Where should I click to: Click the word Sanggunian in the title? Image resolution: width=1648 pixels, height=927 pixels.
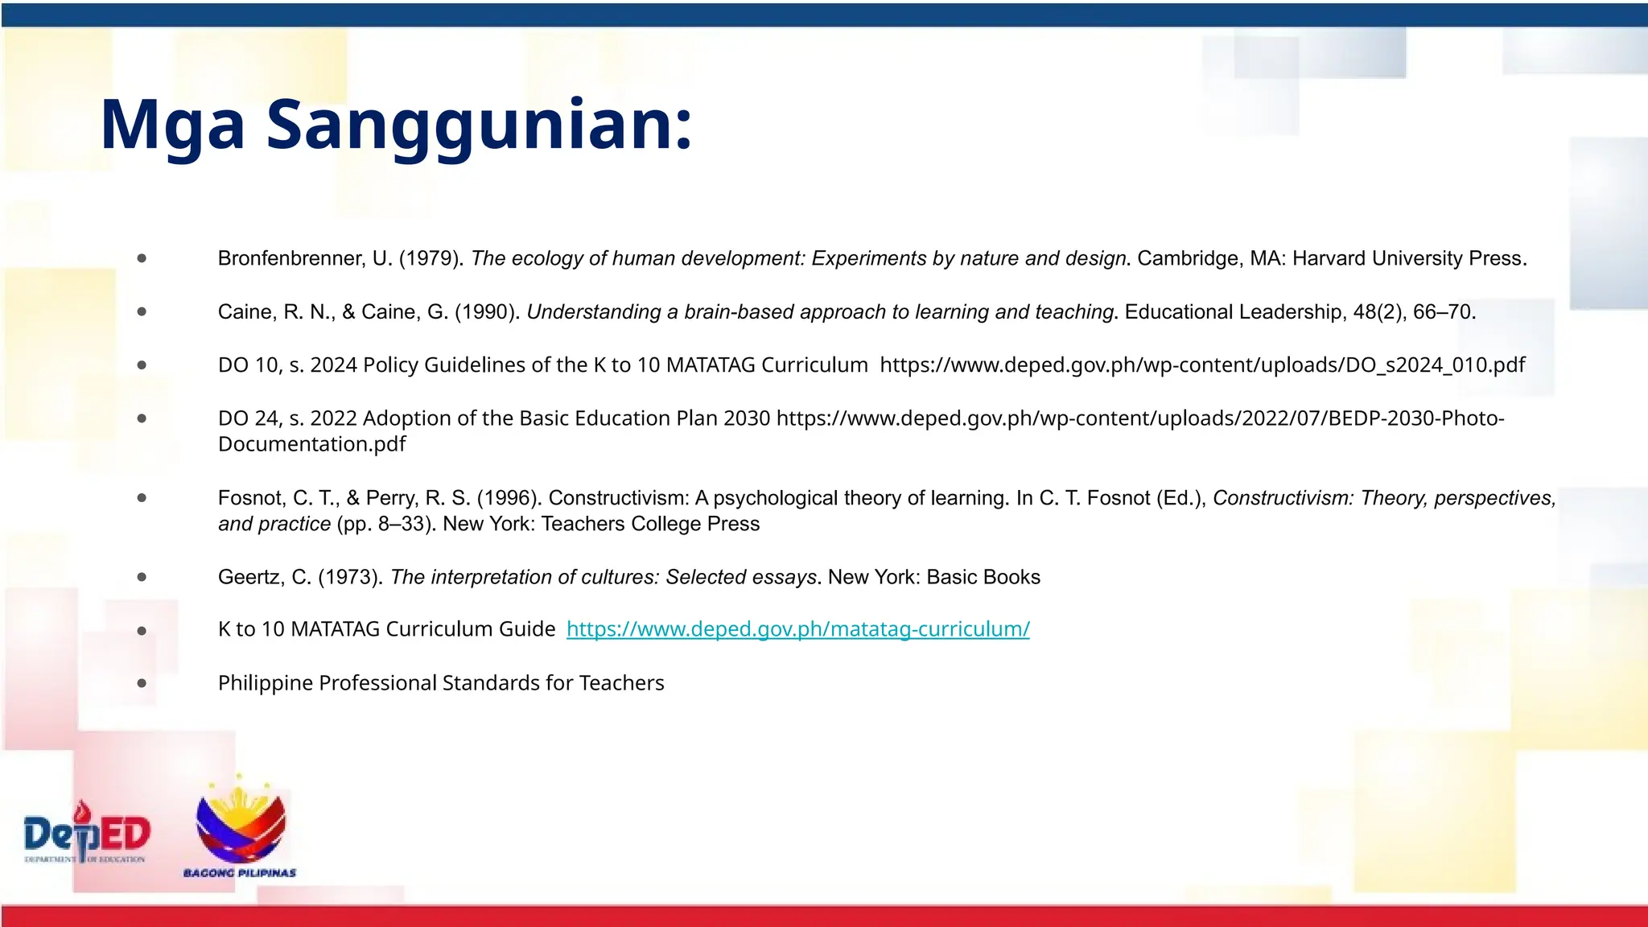(479, 125)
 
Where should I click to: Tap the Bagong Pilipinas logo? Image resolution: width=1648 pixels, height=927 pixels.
(240, 829)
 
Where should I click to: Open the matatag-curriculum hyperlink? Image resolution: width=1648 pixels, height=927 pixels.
(797, 629)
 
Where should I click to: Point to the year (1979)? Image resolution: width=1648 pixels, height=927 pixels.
(431, 258)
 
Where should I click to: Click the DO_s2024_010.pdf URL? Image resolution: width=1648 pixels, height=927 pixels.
(1202, 365)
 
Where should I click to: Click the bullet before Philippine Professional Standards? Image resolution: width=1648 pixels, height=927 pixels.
(142, 683)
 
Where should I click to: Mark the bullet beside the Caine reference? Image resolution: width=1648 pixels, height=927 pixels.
(142, 311)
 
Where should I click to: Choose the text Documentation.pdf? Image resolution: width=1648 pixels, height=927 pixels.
(311, 444)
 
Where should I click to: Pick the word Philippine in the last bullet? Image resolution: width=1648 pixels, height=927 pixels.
(266, 683)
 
